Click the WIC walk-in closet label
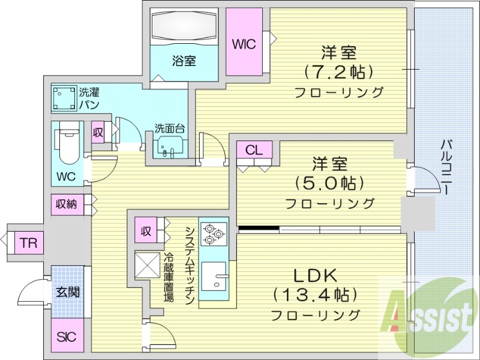pos(244,44)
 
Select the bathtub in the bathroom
pos(184,28)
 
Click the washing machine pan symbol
pos(64,97)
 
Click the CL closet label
pos(254,151)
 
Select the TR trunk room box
pos(26,243)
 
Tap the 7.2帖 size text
pos(339,71)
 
